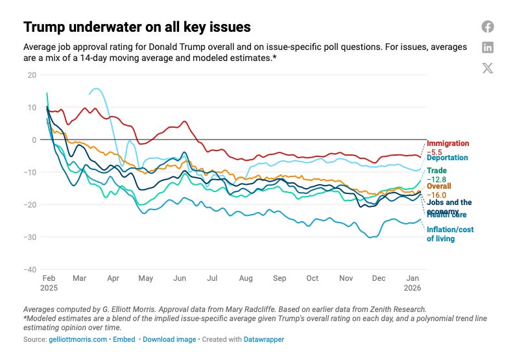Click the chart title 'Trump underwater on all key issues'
(x=137, y=27)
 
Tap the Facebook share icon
(x=488, y=27)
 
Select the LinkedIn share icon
(x=488, y=47)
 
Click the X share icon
(x=488, y=68)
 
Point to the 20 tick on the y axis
(x=32, y=75)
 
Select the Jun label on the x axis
(x=179, y=278)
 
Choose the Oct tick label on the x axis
(x=313, y=278)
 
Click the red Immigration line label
(x=448, y=143)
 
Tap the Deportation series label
(x=448, y=158)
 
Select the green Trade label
(x=437, y=171)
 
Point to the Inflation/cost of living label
(x=450, y=234)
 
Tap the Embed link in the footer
(x=124, y=339)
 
